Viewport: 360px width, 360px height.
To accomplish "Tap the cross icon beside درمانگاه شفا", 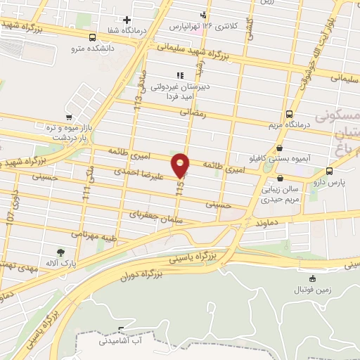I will [127, 20].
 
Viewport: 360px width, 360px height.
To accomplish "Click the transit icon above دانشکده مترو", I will [93, 37].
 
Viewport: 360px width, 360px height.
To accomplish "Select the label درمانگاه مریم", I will [289, 126].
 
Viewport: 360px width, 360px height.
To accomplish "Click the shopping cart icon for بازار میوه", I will [68, 117].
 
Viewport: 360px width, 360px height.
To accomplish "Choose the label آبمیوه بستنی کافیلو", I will [281, 160].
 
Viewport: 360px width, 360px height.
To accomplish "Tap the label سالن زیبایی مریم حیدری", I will [281, 194].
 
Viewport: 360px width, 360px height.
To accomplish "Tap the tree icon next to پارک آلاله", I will [61, 252].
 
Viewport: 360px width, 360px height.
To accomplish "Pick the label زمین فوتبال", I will [311, 289].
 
